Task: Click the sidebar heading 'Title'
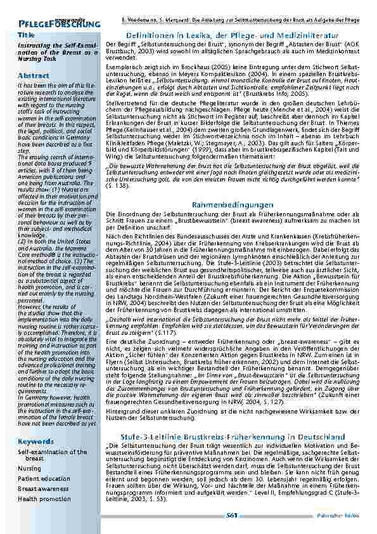coord(26,35)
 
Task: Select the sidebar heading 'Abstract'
coord(34,75)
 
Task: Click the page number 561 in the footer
coord(232,516)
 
